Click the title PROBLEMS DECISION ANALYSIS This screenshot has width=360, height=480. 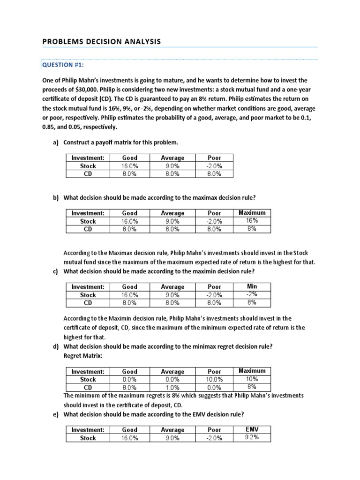[101, 42]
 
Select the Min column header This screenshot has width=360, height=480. [252, 286]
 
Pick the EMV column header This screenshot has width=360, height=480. [252, 429]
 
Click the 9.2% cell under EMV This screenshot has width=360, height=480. [252, 437]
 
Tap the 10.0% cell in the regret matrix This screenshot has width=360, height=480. [214, 379]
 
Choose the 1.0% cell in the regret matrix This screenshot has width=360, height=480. [172, 388]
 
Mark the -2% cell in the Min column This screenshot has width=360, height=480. [252, 294]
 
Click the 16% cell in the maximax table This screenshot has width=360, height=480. [252, 220]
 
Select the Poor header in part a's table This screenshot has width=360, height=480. [214, 158]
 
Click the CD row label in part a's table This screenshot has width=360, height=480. [88, 174]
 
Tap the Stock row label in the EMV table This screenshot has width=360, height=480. [88, 438]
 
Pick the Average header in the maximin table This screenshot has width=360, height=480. [172, 287]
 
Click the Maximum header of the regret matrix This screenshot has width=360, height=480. [252, 370]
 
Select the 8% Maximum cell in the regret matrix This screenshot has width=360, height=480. [252, 387]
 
